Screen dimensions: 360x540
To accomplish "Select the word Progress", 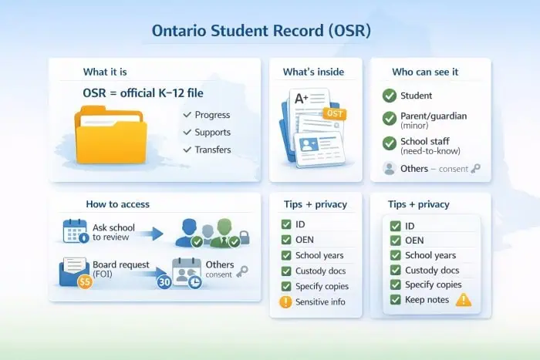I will [212, 116].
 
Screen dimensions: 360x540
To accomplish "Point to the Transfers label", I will [212, 150].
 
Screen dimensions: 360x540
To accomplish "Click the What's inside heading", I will [313, 72].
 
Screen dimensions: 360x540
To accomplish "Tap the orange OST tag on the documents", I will [334, 113].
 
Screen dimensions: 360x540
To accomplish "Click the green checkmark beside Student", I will [390, 96].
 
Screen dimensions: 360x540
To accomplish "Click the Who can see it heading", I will [425, 72].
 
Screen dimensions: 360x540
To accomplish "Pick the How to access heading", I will [117, 204].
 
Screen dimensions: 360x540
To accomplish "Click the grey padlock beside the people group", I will [245, 238].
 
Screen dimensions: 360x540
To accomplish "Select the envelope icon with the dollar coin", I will [76, 271].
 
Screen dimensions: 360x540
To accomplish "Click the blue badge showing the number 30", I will [164, 282].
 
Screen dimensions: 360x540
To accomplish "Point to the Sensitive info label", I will [320, 302].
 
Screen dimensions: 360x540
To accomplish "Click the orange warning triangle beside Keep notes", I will [463, 299].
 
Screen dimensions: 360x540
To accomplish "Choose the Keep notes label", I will [427, 299].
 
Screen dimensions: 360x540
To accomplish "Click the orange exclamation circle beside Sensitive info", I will [286, 302].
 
